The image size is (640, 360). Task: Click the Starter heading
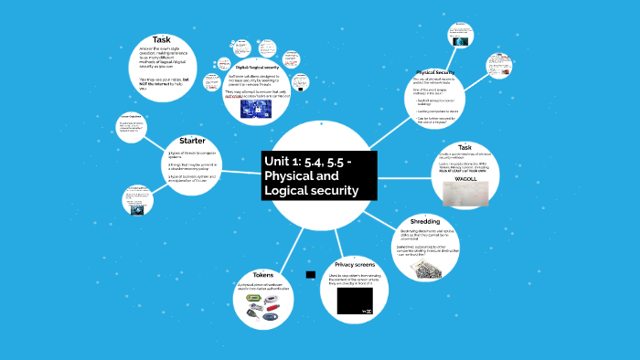[x=192, y=141]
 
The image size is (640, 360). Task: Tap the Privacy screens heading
[x=356, y=264]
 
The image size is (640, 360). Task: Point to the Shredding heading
[x=426, y=222]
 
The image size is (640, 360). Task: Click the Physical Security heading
[x=435, y=71]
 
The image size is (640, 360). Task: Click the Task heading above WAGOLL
[x=464, y=147]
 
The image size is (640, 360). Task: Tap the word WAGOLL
[x=466, y=179]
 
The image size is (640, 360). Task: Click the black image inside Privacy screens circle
[x=356, y=301]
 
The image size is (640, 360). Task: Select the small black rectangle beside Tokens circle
[x=311, y=274]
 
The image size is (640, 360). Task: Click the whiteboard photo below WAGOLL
[x=465, y=194]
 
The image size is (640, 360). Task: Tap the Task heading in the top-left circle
[x=162, y=39]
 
